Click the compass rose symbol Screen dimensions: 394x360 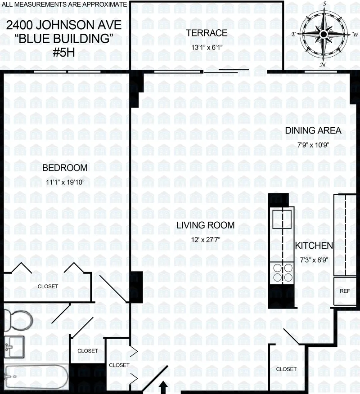tap(324, 34)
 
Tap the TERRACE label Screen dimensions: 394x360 tap(207, 33)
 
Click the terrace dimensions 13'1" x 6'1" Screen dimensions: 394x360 tap(207, 46)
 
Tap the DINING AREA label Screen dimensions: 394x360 tap(313, 131)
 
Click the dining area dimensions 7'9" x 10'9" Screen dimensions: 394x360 tap(313, 145)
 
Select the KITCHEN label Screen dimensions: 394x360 tap(314, 246)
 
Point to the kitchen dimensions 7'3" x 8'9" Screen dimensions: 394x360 tap(314, 260)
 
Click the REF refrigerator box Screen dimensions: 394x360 tap(345, 291)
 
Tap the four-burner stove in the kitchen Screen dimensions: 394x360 tap(282, 272)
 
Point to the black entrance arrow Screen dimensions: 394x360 tap(163, 387)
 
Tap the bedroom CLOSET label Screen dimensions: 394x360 tap(48, 286)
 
